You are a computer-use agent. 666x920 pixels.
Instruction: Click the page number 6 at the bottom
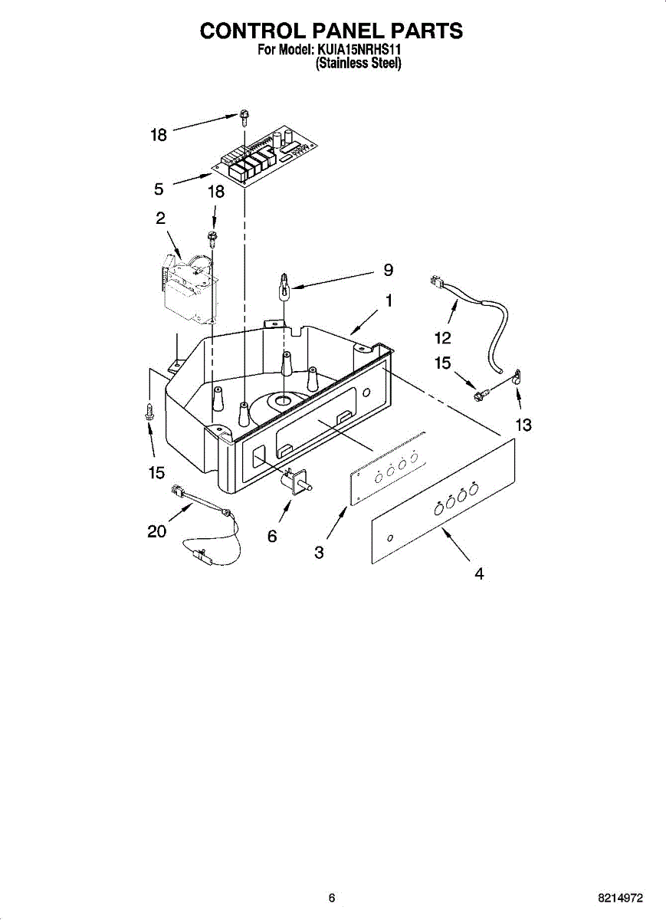coord(331,898)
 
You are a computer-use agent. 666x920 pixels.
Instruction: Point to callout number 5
coord(158,189)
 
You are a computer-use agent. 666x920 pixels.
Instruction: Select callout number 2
coord(160,218)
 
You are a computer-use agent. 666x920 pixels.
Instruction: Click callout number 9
coord(388,270)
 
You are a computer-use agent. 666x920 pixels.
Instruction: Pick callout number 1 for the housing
coord(389,301)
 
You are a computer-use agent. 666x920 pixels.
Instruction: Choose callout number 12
coord(443,338)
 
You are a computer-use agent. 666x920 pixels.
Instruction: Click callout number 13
coord(523,425)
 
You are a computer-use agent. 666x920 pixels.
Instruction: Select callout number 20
coord(156,531)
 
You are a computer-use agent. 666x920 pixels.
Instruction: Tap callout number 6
coord(272,537)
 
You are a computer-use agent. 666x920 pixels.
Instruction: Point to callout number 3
coord(319,552)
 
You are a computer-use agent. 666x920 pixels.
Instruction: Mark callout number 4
coord(479,573)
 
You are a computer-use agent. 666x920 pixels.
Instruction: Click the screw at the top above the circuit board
coord(243,117)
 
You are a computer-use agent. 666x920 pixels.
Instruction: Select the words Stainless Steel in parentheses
coord(359,64)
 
